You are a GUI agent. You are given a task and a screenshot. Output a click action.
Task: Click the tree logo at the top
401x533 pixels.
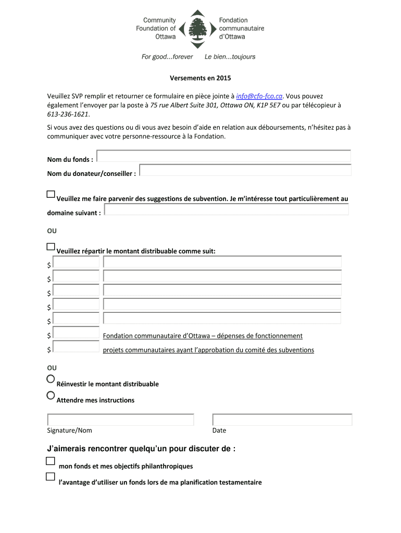click(197, 29)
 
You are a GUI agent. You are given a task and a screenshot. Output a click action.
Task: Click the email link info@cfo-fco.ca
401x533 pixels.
click(259, 96)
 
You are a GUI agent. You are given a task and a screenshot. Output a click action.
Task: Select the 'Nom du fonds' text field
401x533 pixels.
click(223, 156)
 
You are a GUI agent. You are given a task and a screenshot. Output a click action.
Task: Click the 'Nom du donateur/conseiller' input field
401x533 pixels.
click(245, 170)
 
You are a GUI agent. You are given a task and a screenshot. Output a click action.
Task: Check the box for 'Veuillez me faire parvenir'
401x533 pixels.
click(51, 195)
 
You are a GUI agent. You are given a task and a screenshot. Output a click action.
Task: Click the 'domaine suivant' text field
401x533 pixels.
click(227, 209)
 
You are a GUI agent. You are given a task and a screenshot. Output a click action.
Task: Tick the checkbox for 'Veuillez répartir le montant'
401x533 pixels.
click(51, 246)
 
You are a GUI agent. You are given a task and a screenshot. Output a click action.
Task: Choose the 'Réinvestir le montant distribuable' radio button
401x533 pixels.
click(51, 379)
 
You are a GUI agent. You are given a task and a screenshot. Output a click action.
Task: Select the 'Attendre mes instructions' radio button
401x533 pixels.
click(51, 395)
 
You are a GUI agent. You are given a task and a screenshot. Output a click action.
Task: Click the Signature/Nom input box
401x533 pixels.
click(120, 420)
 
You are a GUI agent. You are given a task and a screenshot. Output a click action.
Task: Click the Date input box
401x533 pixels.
click(282, 420)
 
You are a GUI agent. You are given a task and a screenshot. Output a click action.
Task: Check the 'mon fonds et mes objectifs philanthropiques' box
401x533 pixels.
click(50, 461)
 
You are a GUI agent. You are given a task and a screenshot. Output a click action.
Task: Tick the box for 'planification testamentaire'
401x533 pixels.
click(50, 476)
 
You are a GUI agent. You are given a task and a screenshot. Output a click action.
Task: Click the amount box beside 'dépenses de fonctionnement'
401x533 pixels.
click(76, 333)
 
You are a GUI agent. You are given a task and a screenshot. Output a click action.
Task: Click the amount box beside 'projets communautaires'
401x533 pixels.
click(76, 347)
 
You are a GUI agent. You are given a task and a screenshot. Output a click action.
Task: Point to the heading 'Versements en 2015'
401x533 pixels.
click(200, 79)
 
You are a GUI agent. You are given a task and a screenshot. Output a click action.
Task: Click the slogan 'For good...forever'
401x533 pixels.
click(167, 57)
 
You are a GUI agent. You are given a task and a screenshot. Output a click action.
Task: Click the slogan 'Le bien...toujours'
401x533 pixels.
click(230, 57)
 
